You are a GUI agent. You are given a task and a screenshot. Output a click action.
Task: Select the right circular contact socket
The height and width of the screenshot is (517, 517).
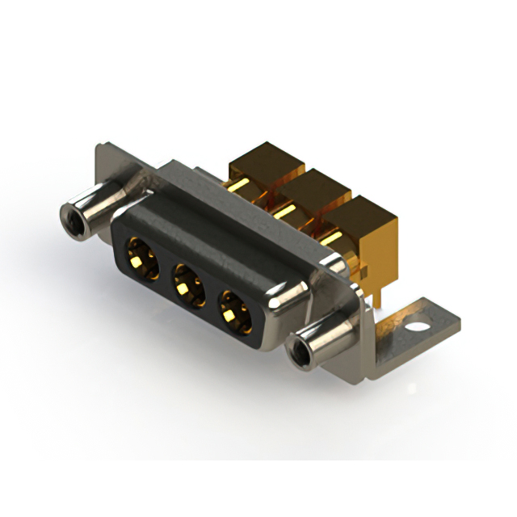[235, 309]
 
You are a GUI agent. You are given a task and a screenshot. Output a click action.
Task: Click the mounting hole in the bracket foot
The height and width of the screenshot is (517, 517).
[418, 329]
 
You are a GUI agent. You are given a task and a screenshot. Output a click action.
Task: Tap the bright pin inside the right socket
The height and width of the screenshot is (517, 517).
[234, 310]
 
